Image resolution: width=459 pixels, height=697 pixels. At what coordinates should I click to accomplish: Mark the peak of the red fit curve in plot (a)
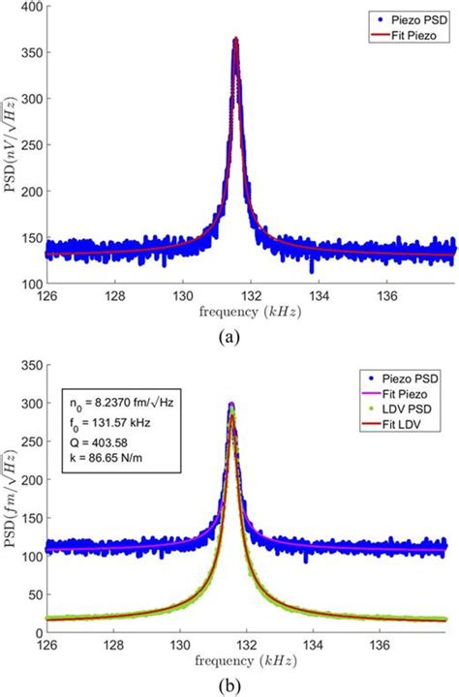[235, 40]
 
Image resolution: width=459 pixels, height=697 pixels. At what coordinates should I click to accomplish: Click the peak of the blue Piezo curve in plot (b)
[230, 404]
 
